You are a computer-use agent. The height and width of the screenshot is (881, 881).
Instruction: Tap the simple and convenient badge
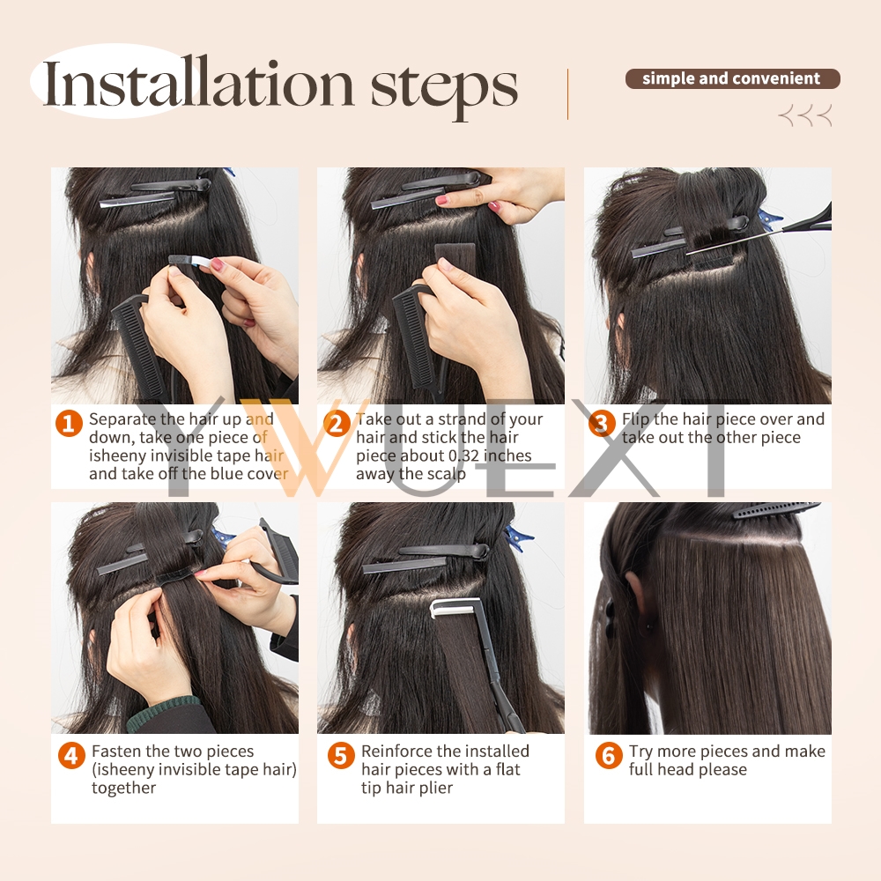732,78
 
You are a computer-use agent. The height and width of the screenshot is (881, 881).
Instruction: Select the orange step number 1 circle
69,423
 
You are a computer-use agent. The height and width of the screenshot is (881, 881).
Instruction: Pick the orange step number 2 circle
337,423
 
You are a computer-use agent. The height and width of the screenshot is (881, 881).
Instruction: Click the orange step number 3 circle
602,423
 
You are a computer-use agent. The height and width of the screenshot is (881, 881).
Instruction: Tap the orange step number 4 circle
72,756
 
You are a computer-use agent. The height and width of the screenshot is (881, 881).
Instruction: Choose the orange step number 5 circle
341,756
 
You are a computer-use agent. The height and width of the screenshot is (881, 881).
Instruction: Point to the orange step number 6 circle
609,756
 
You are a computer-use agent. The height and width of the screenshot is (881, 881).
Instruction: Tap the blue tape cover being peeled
189,261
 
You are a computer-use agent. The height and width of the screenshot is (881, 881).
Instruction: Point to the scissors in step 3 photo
787,227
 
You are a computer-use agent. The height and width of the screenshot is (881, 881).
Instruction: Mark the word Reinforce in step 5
396,751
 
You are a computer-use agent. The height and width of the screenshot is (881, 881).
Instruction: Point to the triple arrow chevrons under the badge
804,115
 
